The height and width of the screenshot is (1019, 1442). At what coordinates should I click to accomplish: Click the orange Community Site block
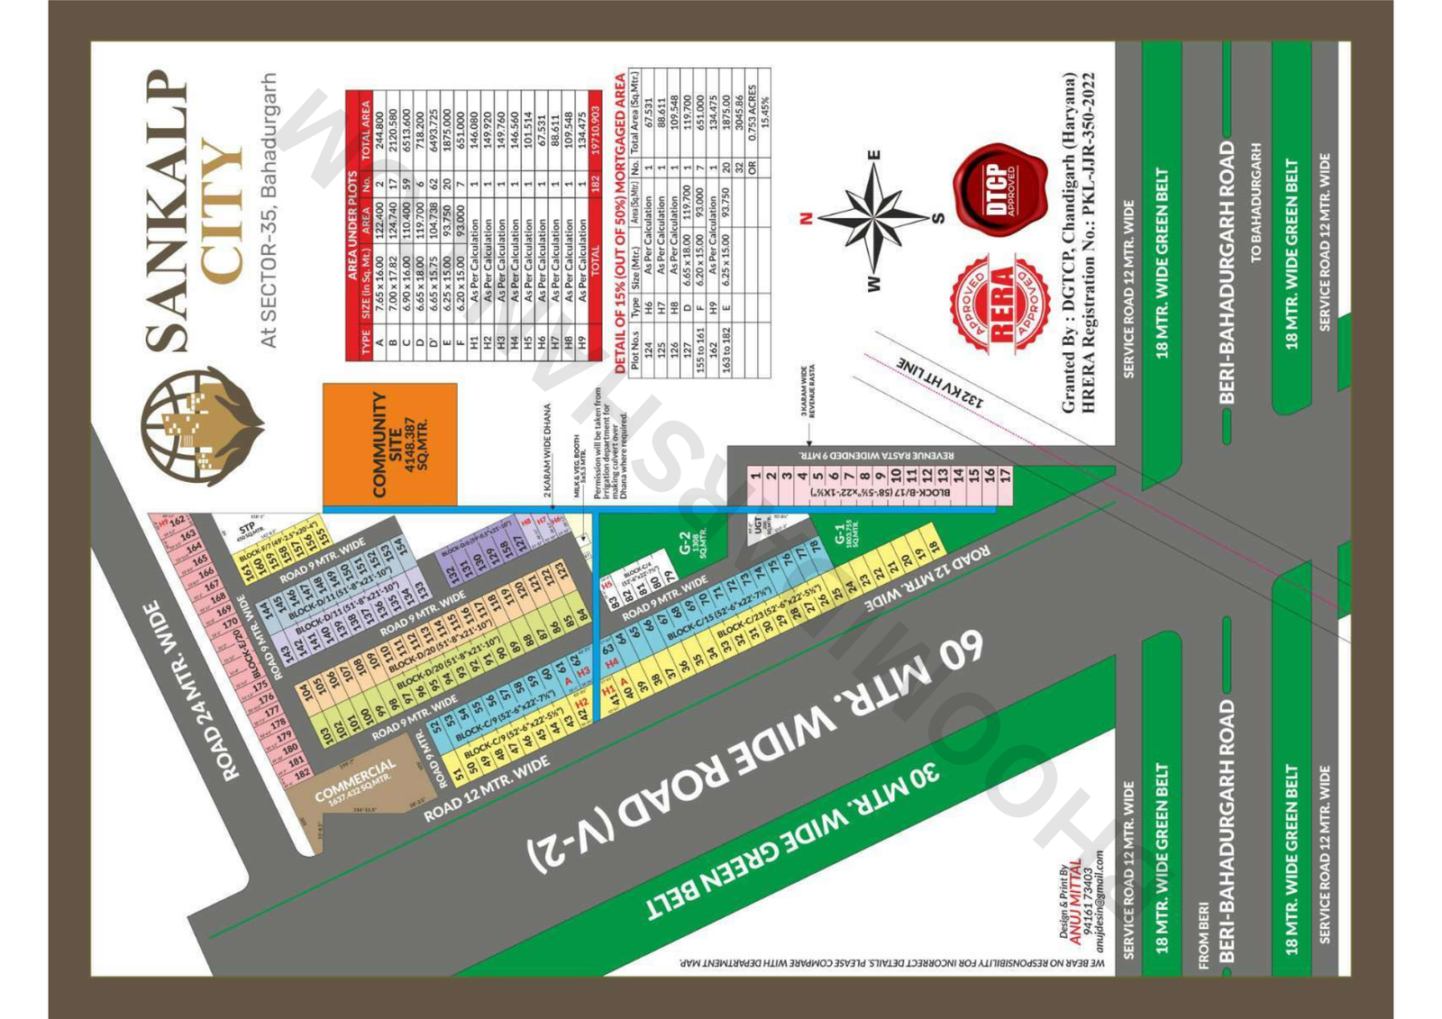click(x=390, y=444)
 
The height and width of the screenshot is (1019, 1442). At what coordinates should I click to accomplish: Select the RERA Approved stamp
click(x=1000, y=304)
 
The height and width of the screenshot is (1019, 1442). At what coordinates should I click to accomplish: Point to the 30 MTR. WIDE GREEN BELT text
click(x=793, y=842)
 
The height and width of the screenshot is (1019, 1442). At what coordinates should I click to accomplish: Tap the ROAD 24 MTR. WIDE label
click(x=190, y=691)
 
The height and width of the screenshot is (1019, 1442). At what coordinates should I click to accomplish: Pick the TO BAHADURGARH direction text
click(x=1256, y=203)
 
